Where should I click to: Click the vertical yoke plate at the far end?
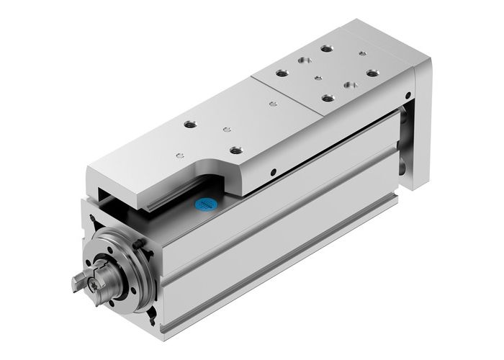pos(422,137)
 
